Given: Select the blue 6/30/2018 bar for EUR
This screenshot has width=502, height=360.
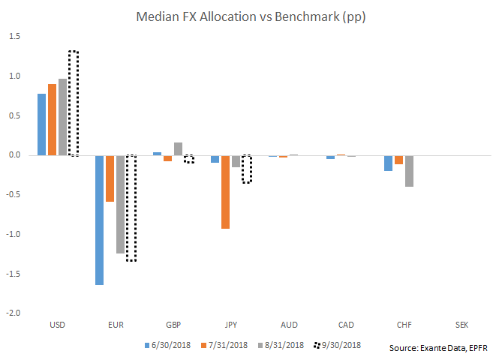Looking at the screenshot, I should (x=100, y=220).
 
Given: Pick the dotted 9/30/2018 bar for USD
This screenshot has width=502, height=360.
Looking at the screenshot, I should (x=74, y=103).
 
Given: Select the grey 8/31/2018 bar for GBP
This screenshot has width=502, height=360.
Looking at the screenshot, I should (x=178, y=148).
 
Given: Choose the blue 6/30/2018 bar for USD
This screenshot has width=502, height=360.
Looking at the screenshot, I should (x=42, y=124).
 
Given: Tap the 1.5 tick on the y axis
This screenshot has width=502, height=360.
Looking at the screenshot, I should (x=15, y=37).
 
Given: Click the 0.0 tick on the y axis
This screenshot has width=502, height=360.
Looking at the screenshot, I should (x=15, y=155).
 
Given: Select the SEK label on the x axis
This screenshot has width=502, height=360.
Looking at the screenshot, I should (x=462, y=325).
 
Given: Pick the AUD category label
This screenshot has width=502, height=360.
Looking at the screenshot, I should (x=288, y=325).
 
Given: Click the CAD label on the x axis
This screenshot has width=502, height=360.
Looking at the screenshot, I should (x=347, y=325).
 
